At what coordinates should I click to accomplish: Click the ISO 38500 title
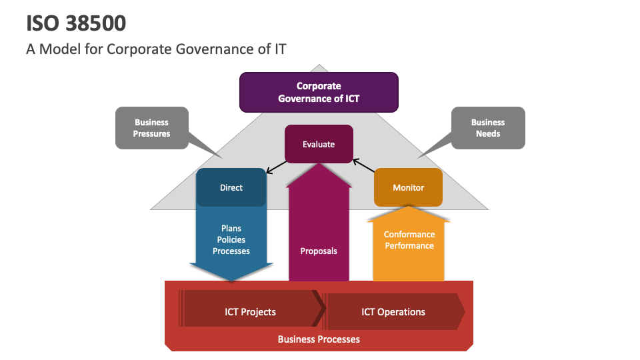(76, 23)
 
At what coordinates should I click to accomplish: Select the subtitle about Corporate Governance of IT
(156, 49)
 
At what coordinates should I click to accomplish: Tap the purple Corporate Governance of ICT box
(319, 92)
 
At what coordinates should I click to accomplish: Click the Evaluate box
(319, 144)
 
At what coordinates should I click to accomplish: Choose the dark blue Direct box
(231, 187)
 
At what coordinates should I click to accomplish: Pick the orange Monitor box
(408, 187)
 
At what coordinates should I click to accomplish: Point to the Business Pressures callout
(152, 128)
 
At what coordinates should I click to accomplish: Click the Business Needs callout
(488, 128)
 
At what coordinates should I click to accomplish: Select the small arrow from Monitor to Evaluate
(364, 166)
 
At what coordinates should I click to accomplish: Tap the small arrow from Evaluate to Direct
(277, 167)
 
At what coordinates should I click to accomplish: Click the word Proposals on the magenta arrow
(319, 251)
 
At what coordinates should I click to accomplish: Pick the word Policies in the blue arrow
(231, 239)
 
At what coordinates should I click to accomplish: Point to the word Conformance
(409, 234)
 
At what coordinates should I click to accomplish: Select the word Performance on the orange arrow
(409, 246)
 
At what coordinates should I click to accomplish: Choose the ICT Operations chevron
(394, 311)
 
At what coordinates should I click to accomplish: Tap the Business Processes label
(319, 339)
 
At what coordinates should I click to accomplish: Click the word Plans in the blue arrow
(231, 228)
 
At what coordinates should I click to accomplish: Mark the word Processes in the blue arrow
(231, 251)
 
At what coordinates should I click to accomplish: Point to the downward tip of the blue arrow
(231, 281)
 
